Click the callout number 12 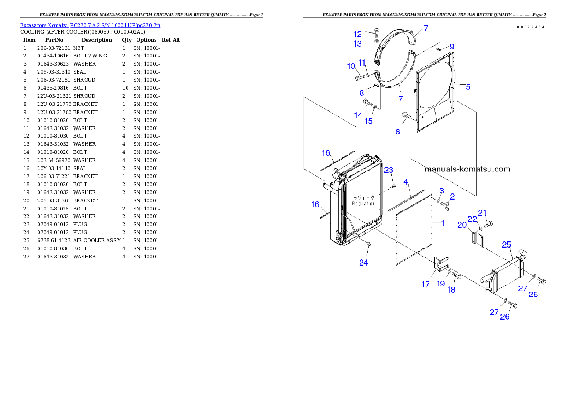click(x=358, y=34)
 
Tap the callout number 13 click(x=358, y=44)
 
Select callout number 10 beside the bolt click(x=351, y=66)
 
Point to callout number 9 click(x=452, y=47)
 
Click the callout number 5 click(x=468, y=87)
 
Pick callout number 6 click(x=398, y=132)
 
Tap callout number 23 click(x=389, y=170)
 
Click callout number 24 click(x=363, y=263)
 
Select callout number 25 click(x=507, y=244)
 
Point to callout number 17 click(x=426, y=284)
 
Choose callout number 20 click(x=461, y=225)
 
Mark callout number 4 click(x=406, y=182)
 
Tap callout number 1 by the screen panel click(x=442, y=222)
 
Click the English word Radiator click(x=364, y=203)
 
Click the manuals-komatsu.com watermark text click(x=467, y=169)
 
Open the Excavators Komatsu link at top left click(x=90, y=25)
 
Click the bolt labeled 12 click(x=377, y=32)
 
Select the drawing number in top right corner click(x=531, y=27)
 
